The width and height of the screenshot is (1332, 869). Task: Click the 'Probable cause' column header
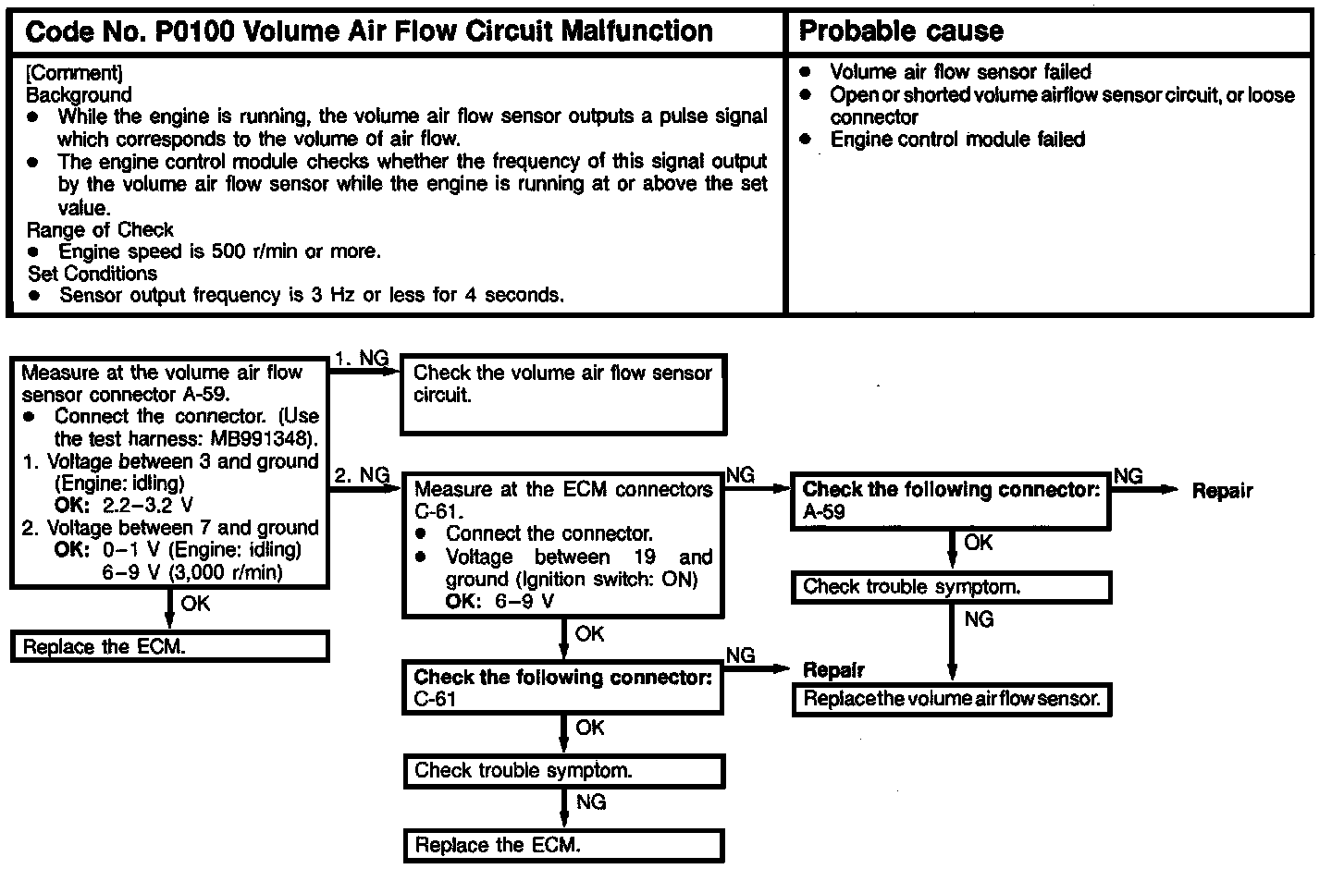pyautogui.click(x=900, y=31)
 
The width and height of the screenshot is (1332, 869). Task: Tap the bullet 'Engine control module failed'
pyautogui.click(x=957, y=140)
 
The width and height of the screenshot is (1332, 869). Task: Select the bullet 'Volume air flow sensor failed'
pyautogui.click(x=960, y=72)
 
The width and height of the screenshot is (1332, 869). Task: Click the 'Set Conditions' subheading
pyautogui.click(x=92, y=274)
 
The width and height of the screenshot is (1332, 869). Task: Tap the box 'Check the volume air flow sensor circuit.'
pyautogui.click(x=562, y=393)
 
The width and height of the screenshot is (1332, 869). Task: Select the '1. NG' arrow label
pyautogui.click(x=362, y=359)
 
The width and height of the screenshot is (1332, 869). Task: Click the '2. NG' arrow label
pyautogui.click(x=362, y=475)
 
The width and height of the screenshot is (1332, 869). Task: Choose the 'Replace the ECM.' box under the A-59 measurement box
pyautogui.click(x=170, y=646)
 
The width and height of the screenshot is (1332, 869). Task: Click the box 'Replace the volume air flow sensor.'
pyautogui.click(x=952, y=699)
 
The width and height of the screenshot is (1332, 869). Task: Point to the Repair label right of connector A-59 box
pyautogui.click(x=1222, y=491)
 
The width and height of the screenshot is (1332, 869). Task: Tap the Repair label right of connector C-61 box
pyautogui.click(x=833, y=669)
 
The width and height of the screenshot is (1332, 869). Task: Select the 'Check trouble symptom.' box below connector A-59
pyautogui.click(x=952, y=587)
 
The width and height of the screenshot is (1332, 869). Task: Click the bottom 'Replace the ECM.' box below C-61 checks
pyautogui.click(x=562, y=845)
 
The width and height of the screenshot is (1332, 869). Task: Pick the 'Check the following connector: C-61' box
pyautogui.click(x=562, y=688)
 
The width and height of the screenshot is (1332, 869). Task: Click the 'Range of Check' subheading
pyautogui.click(x=100, y=229)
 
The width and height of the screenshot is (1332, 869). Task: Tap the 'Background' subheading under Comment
pyautogui.click(x=79, y=94)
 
